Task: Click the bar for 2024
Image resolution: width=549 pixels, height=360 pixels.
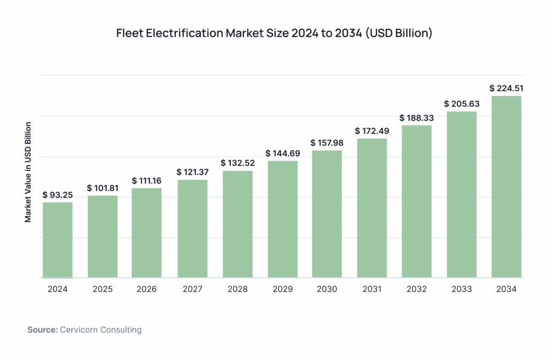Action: (57, 240)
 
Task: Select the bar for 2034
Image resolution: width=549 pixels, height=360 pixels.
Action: (506, 187)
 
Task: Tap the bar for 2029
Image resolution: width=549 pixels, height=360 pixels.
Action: (282, 219)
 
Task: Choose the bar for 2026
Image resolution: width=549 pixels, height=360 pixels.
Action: (147, 233)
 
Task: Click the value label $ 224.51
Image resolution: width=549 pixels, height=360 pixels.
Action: (506, 88)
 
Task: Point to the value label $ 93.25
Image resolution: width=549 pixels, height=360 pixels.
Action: (57, 194)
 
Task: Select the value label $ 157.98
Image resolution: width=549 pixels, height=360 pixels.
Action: (327, 143)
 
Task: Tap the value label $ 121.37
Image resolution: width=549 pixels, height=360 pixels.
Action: (192, 172)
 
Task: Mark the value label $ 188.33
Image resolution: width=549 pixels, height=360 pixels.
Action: (417, 118)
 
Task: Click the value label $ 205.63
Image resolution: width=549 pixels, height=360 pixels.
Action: (462, 104)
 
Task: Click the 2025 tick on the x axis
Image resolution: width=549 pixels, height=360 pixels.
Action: (102, 289)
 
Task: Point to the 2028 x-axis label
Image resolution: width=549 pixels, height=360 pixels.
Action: (237, 289)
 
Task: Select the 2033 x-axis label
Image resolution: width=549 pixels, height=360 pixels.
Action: (462, 289)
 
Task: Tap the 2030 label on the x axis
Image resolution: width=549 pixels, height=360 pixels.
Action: (327, 289)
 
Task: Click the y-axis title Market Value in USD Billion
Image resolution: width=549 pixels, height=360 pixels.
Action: (28, 172)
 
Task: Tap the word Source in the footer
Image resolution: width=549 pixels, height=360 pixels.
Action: (42, 330)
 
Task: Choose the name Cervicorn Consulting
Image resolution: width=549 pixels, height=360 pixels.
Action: (101, 330)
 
